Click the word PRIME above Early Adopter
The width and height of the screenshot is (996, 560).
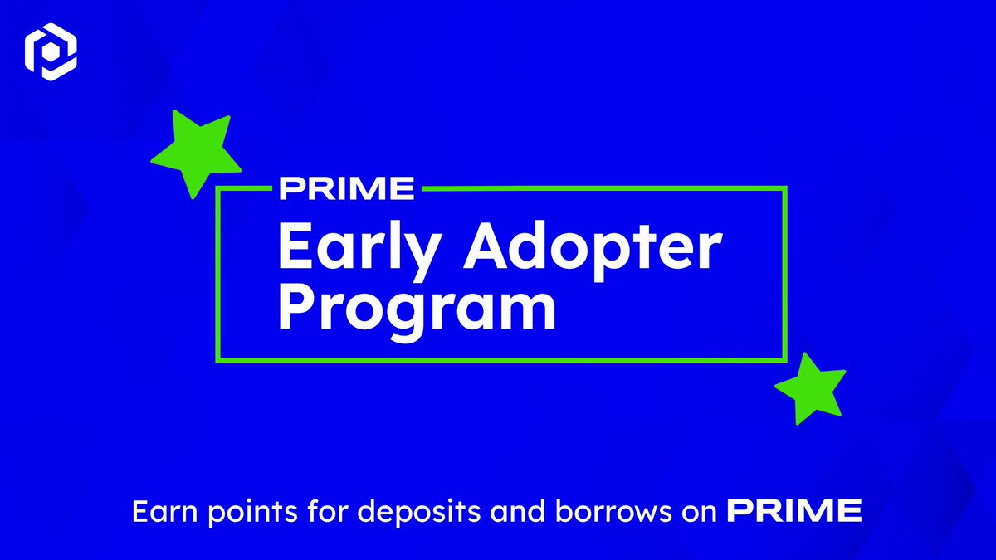click(346, 188)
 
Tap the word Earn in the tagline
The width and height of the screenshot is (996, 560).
click(158, 512)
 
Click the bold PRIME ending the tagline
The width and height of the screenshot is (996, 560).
click(794, 512)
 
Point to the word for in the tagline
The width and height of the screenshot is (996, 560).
click(306, 512)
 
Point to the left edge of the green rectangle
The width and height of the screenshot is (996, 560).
click(217, 274)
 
